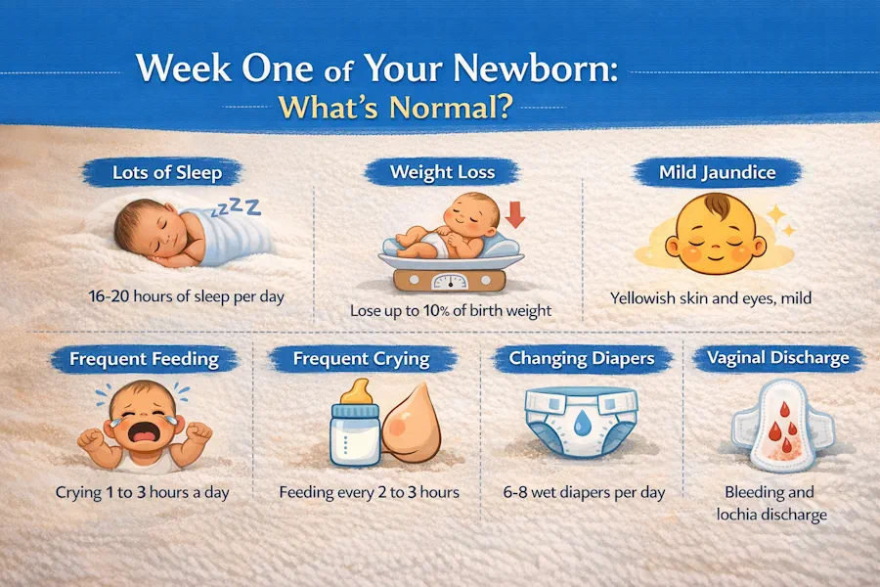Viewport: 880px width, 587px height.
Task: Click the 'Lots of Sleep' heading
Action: (x=167, y=172)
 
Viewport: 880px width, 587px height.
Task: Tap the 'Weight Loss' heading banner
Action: (x=442, y=172)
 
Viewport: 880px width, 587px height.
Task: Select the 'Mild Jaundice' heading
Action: (x=718, y=172)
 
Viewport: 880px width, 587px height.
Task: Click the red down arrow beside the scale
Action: (x=515, y=215)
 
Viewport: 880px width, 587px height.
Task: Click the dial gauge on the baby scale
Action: (x=450, y=281)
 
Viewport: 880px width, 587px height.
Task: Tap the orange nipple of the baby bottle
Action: (x=356, y=391)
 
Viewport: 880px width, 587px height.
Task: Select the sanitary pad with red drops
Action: (x=782, y=427)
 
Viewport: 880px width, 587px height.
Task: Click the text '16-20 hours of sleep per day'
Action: (x=187, y=296)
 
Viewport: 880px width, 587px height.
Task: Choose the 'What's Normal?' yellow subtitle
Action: (x=395, y=107)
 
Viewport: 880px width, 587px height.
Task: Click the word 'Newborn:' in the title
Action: (x=535, y=68)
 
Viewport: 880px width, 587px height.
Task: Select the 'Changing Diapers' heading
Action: (x=582, y=358)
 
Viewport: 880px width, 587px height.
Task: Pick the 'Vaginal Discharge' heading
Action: (x=778, y=358)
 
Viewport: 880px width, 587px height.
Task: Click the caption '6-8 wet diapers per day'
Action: (x=584, y=493)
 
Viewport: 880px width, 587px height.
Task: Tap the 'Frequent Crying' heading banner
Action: (x=362, y=358)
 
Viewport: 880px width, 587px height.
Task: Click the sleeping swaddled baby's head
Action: (x=147, y=227)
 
